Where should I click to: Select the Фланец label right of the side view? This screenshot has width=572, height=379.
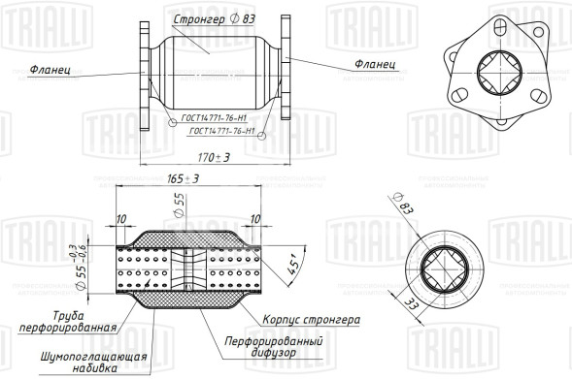coord(375,64)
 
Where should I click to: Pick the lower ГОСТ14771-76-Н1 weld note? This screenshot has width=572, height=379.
coord(221,131)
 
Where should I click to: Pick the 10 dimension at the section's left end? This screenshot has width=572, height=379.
coord(120,219)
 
